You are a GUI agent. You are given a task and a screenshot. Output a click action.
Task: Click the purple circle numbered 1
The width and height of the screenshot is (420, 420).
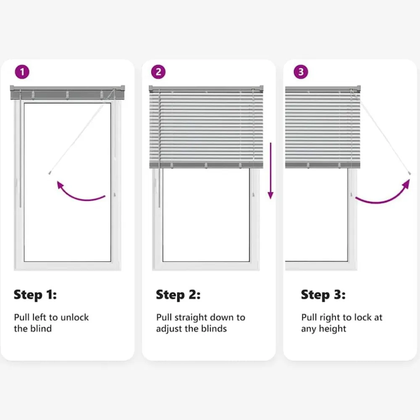(22, 72)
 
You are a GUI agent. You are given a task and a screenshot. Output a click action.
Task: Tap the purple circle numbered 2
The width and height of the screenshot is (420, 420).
(158, 72)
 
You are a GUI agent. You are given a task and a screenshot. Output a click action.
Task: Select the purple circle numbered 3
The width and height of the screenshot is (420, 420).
(301, 72)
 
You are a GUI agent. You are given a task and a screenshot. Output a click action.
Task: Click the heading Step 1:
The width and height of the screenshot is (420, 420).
(35, 295)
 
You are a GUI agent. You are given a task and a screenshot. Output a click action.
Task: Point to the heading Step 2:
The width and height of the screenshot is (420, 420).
(178, 295)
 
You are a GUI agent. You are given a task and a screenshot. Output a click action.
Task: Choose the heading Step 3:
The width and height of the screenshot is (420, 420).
(323, 295)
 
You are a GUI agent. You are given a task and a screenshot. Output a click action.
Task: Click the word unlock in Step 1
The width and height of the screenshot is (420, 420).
(75, 317)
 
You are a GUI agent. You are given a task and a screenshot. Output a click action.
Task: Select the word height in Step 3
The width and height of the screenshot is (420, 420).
(332, 329)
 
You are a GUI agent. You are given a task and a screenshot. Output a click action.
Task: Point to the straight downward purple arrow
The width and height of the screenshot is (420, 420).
(270, 171)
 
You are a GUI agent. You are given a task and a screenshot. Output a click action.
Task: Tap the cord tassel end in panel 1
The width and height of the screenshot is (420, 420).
(49, 173)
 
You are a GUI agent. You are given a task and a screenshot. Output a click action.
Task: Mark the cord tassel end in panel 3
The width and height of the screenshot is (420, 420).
(409, 173)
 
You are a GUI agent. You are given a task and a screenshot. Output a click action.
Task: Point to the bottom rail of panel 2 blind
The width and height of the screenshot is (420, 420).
(206, 165)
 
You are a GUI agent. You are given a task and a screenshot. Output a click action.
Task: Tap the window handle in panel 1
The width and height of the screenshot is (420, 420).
(115, 194)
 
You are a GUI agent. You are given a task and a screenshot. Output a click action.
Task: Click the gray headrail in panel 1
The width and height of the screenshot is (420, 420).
(68, 93)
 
